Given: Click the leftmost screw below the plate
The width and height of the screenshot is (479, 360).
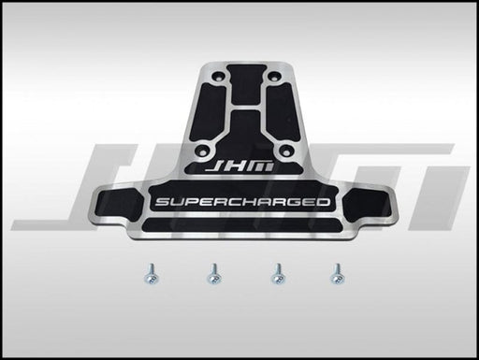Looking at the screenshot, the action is click(152, 274).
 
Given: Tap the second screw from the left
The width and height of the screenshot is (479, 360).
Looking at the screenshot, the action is click(214, 274).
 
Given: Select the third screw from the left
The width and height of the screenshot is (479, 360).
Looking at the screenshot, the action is click(278, 274).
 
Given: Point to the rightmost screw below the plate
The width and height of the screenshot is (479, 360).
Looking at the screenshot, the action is click(338, 274).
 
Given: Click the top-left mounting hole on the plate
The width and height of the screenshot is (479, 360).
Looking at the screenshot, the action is click(217, 76).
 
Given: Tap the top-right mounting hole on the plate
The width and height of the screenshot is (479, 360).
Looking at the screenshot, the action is click(273, 76).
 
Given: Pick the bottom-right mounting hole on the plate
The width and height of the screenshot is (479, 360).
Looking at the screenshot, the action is click(285, 150).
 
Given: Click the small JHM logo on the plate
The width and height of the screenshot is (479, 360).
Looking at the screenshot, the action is click(239, 167).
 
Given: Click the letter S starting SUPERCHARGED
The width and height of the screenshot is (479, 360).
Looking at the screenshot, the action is click(163, 202).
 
